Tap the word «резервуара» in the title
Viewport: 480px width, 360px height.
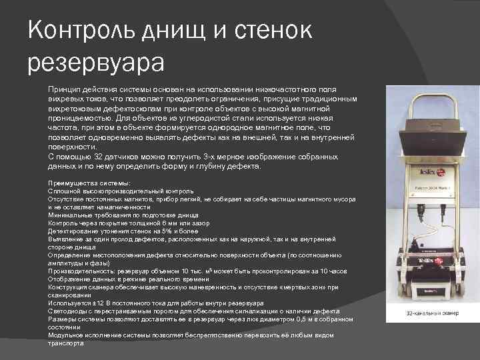point(96,63)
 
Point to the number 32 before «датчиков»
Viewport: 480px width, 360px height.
point(97,157)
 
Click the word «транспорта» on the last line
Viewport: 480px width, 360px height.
point(66,343)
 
